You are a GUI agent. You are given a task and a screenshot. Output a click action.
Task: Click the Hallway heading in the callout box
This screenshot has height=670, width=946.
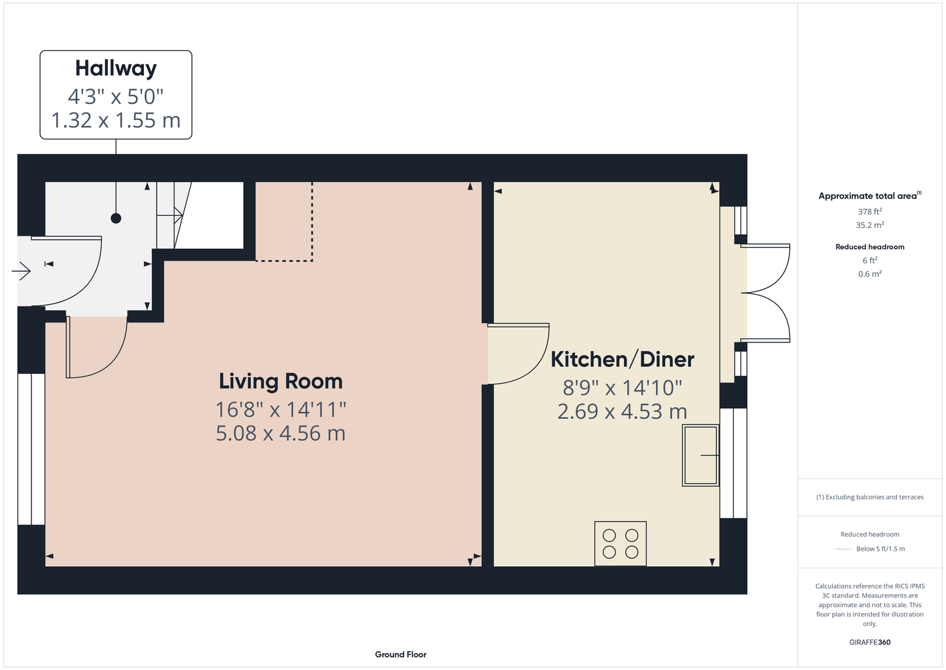click(x=116, y=69)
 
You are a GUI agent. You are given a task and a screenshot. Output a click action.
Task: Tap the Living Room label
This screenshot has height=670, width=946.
click(x=281, y=381)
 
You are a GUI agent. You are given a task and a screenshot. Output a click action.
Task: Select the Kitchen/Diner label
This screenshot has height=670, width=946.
click(x=622, y=360)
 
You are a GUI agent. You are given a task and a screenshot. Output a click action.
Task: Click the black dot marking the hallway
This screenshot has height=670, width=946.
click(x=116, y=218)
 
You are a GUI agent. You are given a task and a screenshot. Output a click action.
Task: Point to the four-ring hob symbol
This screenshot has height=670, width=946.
click(x=621, y=543)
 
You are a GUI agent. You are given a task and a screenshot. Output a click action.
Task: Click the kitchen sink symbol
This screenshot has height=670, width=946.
click(x=701, y=455)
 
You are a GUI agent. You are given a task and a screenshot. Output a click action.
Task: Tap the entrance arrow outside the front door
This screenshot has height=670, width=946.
click(x=21, y=271)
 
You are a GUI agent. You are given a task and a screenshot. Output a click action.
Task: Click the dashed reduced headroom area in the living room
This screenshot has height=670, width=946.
click(x=285, y=222)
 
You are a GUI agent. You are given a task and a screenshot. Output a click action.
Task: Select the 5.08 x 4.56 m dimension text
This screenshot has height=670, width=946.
click(x=281, y=433)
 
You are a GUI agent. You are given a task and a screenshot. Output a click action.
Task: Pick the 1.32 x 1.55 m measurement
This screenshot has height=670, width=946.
click(x=116, y=121)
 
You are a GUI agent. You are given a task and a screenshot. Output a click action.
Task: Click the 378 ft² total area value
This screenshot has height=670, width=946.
click(x=870, y=211)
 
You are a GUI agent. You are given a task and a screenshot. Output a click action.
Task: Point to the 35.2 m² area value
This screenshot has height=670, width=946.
click(x=870, y=225)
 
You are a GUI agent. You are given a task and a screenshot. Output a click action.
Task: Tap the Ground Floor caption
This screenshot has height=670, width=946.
click(x=400, y=655)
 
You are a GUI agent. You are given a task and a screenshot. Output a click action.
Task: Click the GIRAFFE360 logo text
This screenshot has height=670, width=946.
click(x=870, y=642)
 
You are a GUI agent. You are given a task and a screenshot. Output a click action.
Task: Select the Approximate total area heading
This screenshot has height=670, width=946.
click(x=870, y=196)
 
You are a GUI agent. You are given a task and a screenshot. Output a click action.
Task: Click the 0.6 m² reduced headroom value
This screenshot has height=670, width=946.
click(x=870, y=274)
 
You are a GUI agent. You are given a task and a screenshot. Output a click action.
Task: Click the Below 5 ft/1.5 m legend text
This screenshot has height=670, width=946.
click(x=880, y=549)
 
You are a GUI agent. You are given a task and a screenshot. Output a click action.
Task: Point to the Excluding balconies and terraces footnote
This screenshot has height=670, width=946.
click(x=870, y=497)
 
